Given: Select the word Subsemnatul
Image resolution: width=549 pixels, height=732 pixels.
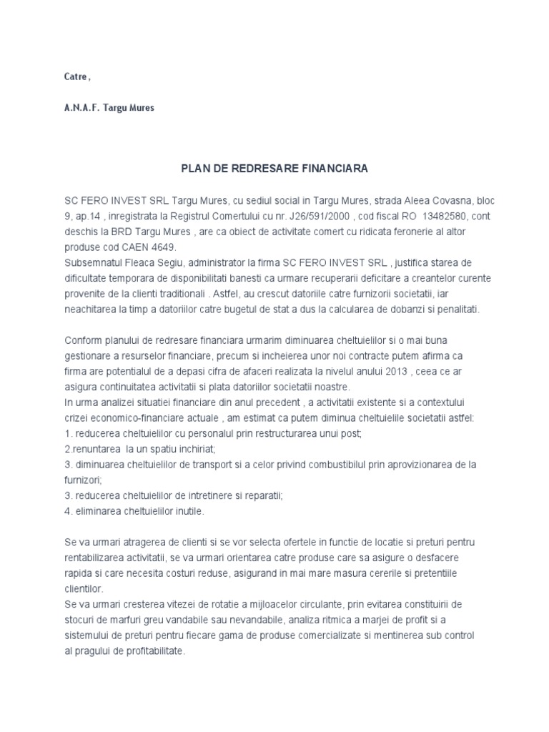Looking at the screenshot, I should [x=91, y=263].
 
